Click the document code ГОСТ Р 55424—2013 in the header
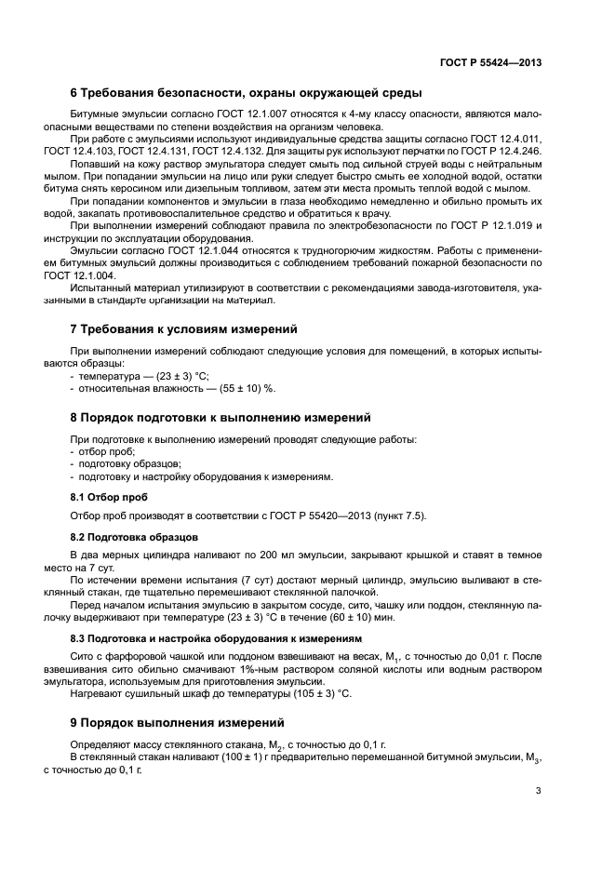click(x=490, y=63)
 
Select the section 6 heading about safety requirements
click(x=247, y=92)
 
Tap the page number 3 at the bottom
click(x=539, y=791)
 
